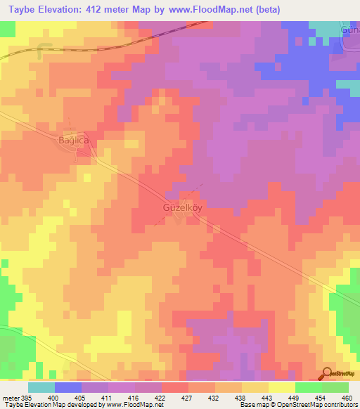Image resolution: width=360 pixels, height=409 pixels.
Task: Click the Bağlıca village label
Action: pyautogui.click(x=72, y=141)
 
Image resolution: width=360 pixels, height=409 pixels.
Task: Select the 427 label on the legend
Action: pyautogui.click(x=186, y=398)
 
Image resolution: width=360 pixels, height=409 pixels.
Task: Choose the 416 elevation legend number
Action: pyautogui.click(x=133, y=398)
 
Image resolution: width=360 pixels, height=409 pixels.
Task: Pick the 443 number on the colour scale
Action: pyautogui.click(x=266, y=398)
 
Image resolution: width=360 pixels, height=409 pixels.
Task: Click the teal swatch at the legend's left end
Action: pyautogui.click(x=41, y=387)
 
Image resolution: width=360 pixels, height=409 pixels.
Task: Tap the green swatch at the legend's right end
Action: pyautogui.click(x=335, y=387)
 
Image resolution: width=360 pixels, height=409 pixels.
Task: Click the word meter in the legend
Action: pyautogui.click(x=8, y=398)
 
